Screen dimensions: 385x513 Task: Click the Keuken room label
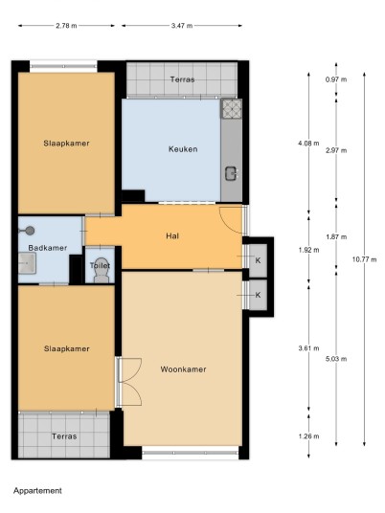183,149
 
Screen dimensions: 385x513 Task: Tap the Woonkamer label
183,369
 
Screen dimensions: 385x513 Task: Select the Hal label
172,235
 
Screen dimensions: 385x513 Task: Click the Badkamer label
48,248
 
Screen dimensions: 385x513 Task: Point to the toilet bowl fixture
102,275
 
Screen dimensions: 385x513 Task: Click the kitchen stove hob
232,108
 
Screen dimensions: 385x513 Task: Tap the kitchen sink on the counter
231,173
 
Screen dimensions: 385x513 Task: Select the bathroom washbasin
27,262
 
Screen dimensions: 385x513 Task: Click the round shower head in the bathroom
30,231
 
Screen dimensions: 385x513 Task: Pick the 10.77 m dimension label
364,259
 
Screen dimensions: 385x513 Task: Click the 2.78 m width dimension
66,26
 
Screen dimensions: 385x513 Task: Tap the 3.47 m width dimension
182,26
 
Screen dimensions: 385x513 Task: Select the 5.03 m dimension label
336,359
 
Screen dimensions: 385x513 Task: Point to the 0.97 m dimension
336,79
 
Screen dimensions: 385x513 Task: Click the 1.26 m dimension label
308,436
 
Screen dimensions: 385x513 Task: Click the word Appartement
37,490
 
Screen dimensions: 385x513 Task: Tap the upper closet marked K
258,260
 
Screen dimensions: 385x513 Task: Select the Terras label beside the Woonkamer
64,436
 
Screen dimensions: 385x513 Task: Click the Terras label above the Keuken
182,79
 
